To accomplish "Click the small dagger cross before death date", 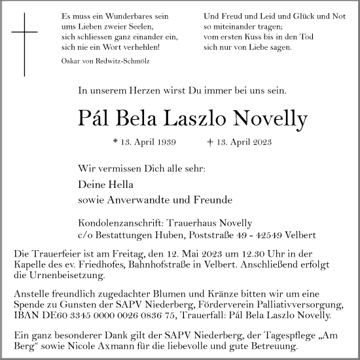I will pyautogui.click(x=209, y=141).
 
